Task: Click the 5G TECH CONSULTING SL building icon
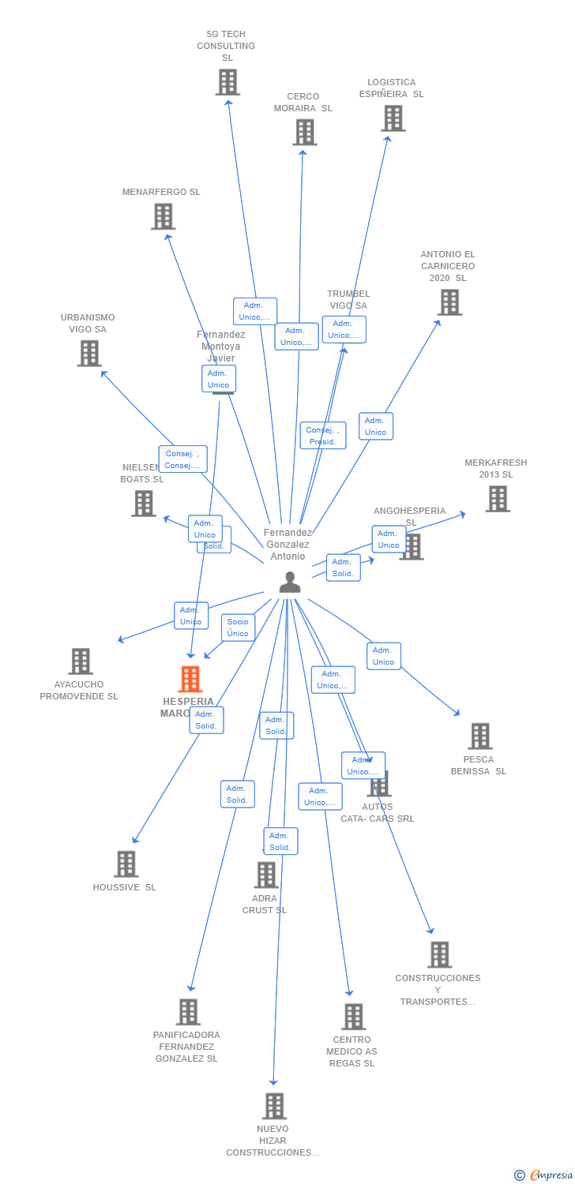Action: [x=227, y=82]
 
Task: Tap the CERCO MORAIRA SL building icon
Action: [x=305, y=132]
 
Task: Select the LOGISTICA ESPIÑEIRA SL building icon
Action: [x=393, y=118]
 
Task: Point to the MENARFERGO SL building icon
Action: [x=163, y=216]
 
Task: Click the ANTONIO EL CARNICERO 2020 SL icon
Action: [x=449, y=302]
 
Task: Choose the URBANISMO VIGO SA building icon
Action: [x=89, y=353]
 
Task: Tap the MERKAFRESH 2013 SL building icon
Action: [x=497, y=498]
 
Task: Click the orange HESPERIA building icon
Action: [x=190, y=679]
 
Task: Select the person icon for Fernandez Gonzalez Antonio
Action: [x=290, y=582]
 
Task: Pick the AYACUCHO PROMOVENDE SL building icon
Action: [x=81, y=661]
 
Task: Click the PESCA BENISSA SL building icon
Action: [x=479, y=736]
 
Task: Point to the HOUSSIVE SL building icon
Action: [x=126, y=864]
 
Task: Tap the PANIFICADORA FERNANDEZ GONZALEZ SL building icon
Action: [x=188, y=1011]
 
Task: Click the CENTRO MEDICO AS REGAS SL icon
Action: [x=353, y=1016]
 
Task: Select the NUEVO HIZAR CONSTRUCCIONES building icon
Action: [x=274, y=1106]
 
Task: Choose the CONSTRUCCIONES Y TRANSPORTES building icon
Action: [x=439, y=954]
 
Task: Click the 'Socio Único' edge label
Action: [x=238, y=628]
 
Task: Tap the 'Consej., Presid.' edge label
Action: [x=322, y=436]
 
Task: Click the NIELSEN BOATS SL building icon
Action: [x=144, y=503]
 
